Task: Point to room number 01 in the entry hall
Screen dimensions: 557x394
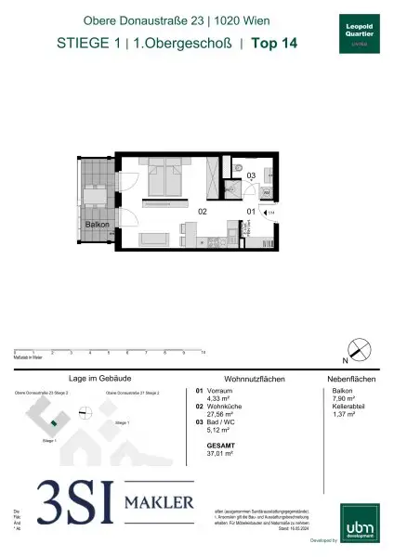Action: click(x=250, y=212)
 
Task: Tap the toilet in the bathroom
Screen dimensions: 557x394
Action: click(x=265, y=173)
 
